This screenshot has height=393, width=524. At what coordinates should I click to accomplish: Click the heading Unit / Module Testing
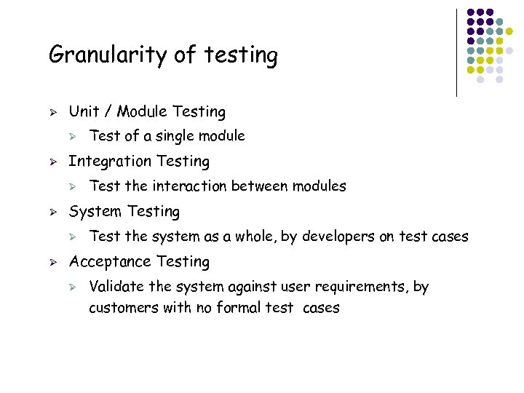(x=147, y=111)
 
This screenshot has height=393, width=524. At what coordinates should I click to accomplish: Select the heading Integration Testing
(x=139, y=161)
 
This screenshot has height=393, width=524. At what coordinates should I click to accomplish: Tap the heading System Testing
(x=124, y=211)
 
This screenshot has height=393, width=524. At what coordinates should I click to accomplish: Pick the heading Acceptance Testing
(x=139, y=261)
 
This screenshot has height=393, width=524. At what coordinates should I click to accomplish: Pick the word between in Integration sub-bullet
(x=258, y=186)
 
